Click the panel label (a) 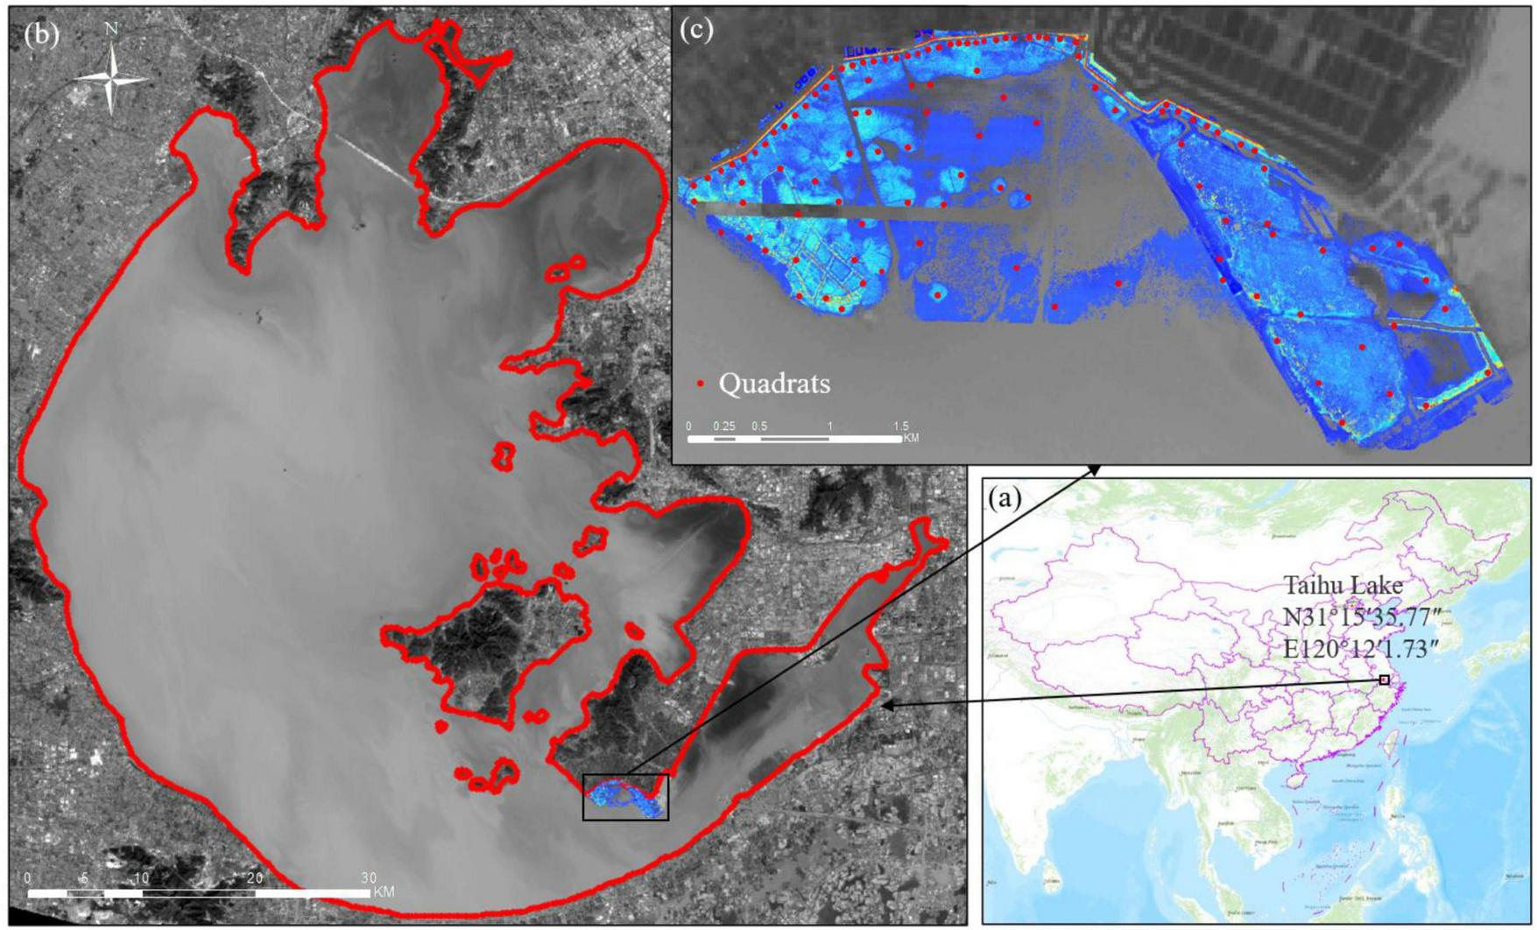pyautogui.click(x=1005, y=498)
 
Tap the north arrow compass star pyautogui.click(x=111, y=79)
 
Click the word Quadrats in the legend pyautogui.click(x=774, y=384)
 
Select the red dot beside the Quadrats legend pyautogui.click(x=700, y=384)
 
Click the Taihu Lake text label pyautogui.click(x=1343, y=585)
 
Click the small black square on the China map pyautogui.click(x=1385, y=680)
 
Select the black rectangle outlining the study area pyautogui.click(x=625, y=797)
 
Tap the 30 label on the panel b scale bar pyautogui.click(x=369, y=877)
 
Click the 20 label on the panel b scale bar pyautogui.click(x=255, y=877)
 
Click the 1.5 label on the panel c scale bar pyautogui.click(x=900, y=426)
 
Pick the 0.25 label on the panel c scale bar pyautogui.click(x=724, y=426)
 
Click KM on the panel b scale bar pyautogui.click(x=384, y=892)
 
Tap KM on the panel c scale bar pyautogui.click(x=911, y=437)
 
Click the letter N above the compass pyautogui.click(x=111, y=29)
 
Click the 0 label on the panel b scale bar pyautogui.click(x=28, y=877)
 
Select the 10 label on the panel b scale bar pyautogui.click(x=141, y=877)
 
